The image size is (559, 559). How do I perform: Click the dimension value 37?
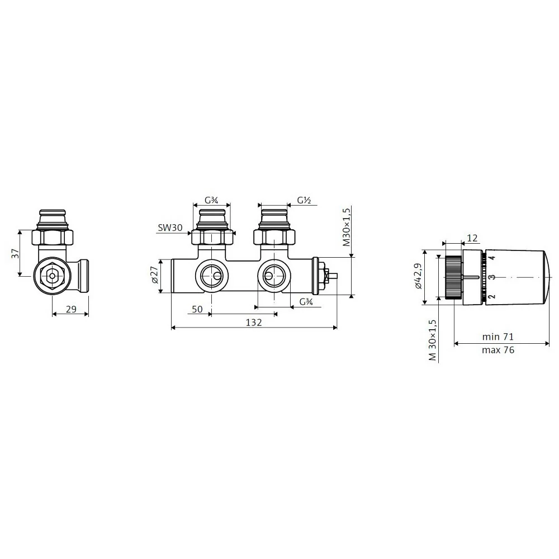click(15, 254)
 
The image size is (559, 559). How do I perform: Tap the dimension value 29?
click(72, 309)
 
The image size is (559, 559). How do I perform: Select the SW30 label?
click(170, 228)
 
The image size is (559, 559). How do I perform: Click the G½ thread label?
click(304, 201)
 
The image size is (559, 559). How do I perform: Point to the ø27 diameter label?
click(155, 275)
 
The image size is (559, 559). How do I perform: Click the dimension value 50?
click(197, 309)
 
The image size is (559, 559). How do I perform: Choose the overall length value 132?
click(254, 323)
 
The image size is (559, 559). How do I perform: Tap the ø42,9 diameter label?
click(418, 276)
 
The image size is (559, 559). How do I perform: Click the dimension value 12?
click(472, 238)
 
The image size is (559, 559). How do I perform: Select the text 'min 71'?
click(498, 337)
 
